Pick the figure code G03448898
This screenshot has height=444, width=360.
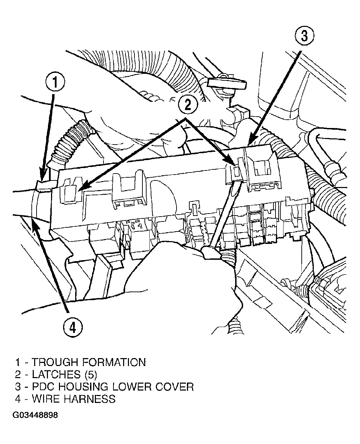pos(36,415)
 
